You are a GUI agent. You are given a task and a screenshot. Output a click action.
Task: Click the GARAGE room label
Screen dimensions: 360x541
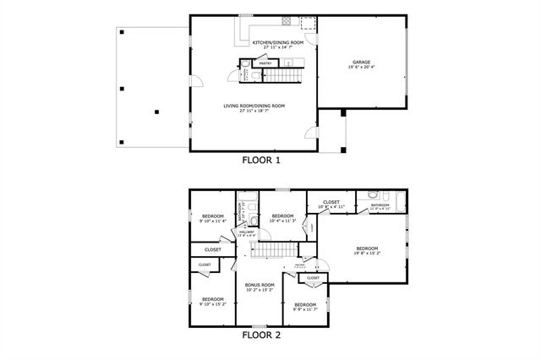(x=361, y=62)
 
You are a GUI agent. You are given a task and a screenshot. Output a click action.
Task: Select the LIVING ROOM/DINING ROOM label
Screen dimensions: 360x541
(x=254, y=106)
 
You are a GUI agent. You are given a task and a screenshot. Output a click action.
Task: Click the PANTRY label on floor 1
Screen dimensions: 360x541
(x=265, y=63)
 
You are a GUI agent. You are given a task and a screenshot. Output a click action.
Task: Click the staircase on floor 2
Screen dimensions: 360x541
(x=277, y=251)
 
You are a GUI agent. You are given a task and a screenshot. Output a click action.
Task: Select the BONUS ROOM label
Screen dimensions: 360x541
(x=260, y=285)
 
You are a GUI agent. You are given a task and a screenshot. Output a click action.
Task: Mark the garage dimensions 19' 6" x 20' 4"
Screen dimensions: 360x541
(x=361, y=66)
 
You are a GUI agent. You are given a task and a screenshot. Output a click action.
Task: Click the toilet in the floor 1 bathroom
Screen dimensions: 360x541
(x=256, y=77)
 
